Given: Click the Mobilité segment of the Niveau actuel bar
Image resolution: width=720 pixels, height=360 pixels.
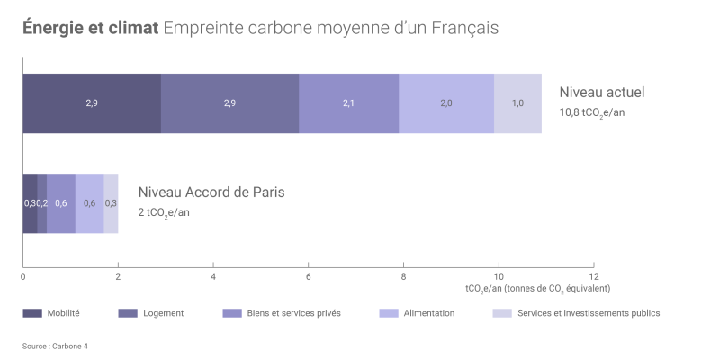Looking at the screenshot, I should pyautogui.click(x=92, y=103).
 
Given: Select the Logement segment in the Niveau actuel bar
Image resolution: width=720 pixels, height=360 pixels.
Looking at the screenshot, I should pyautogui.click(x=229, y=103).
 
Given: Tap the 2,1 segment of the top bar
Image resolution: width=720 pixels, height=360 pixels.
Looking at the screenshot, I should pyautogui.click(x=348, y=103).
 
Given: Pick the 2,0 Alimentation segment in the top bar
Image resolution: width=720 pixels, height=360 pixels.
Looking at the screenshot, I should pyautogui.click(x=446, y=103).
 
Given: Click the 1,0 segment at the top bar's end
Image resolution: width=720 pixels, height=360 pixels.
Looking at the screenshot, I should pyautogui.click(x=517, y=103).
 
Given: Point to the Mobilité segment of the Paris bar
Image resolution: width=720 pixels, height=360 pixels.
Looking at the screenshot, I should pyautogui.click(x=30, y=203).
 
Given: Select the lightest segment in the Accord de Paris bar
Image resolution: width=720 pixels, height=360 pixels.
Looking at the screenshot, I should pyautogui.click(x=111, y=203).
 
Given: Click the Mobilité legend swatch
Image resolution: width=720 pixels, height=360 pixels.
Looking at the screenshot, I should pyautogui.click(x=31, y=313).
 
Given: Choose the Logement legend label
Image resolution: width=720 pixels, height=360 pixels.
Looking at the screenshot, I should pyautogui.click(x=164, y=313).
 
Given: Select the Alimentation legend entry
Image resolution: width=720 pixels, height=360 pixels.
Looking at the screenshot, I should pyautogui.click(x=428, y=313).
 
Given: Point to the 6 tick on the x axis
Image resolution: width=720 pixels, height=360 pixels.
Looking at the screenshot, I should pyautogui.click(x=308, y=275).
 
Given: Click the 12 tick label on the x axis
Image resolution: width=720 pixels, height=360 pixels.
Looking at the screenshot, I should pyautogui.click(x=592, y=275).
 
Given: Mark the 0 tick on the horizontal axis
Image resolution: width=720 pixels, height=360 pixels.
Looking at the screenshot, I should pyautogui.click(x=22, y=275).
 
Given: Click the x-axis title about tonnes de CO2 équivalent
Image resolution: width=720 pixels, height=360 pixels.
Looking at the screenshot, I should pyautogui.click(x=537, y=289).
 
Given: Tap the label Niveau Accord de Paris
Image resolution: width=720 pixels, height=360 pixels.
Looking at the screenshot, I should pyautogui.click(x=211, y=193).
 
